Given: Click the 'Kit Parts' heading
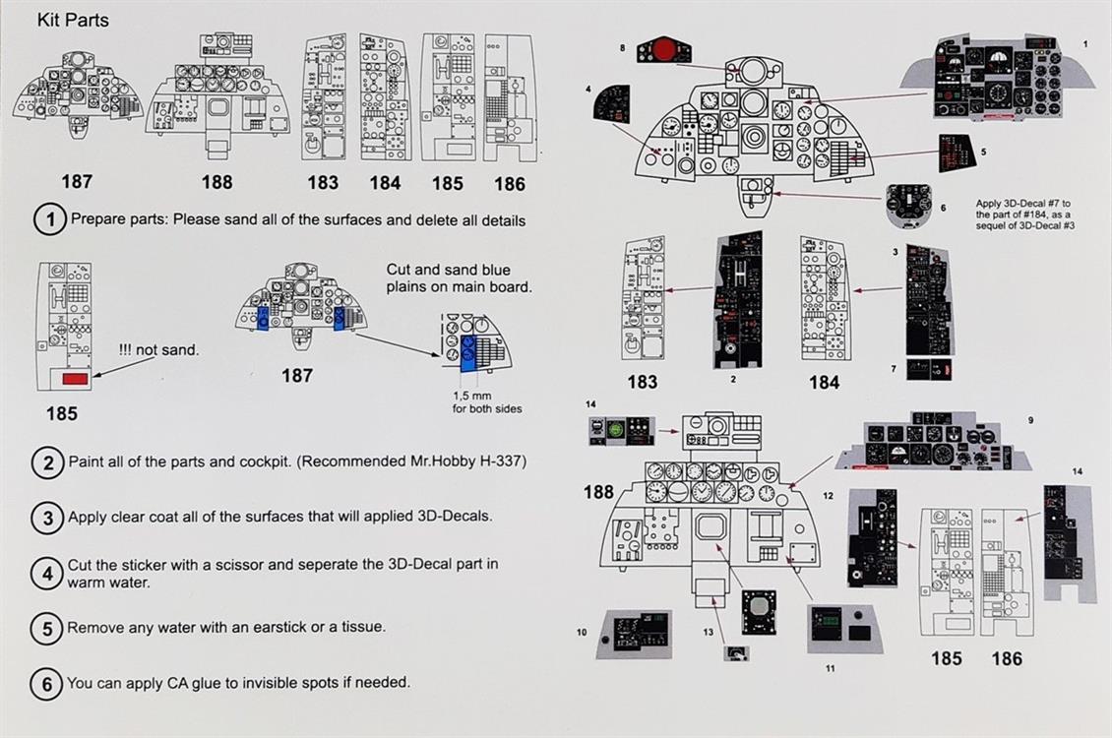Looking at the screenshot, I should coord(74,20).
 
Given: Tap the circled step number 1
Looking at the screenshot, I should coord(49,219).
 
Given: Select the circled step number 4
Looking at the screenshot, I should coord(47,573).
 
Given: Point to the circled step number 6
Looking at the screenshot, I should coord(47,683).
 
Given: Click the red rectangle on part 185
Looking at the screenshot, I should coord(75,377).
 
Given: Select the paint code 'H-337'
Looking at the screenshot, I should coord(496,461).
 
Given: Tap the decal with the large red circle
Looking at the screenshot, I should coord(663,49).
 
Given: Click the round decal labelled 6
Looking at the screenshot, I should coord(909,206).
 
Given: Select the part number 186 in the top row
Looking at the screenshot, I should coord(509,183).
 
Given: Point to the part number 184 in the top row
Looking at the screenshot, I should coord(385,183).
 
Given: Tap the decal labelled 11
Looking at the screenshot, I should coord(843,629).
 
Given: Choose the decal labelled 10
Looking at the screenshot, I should coord(634,633).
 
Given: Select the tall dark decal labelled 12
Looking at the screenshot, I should coord(872,537).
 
